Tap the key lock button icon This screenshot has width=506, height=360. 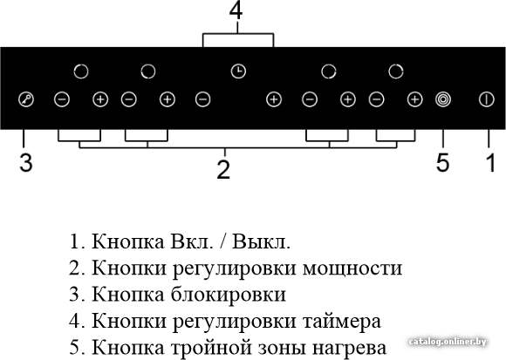[x=26, y=99]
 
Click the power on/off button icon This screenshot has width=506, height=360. [x=486, y=99]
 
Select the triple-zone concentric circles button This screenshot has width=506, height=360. [x=443, y=99]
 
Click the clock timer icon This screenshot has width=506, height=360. [x=238, y=71]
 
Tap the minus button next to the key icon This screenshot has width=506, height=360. [x=62, y=99]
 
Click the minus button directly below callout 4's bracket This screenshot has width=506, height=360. [x=203, y=99]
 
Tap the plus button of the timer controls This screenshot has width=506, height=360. [x=274, y=99]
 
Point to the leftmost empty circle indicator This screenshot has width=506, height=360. [x=81, y=71]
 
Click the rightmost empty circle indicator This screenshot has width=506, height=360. [x=396, y=71]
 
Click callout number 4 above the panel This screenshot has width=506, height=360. [x=236, y=11]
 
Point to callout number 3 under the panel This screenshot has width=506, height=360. [x=26, y=162]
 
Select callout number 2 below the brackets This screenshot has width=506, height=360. [x=223, y=169]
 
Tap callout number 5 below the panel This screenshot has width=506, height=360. [x=443, y=162]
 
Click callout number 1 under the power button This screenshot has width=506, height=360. [x=490, y=162]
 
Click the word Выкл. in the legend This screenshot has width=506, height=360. [x=261, y=241]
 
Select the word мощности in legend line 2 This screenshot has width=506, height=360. [x=352, y=268]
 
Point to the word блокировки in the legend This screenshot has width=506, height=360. [x=229, y=295]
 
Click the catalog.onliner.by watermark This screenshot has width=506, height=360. [x=448, y=342]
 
